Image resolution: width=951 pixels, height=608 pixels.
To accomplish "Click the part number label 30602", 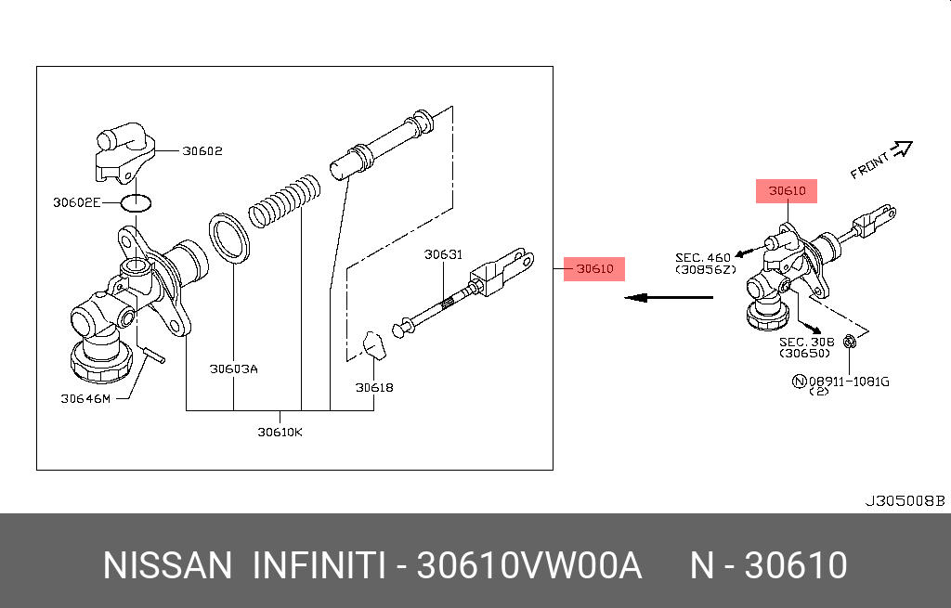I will pos(202,150).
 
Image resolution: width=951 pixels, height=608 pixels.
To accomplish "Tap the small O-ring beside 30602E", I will pos(137,201).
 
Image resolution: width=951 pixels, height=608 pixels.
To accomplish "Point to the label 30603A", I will pos(233,369).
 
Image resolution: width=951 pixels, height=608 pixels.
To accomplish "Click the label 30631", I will pos(444,254).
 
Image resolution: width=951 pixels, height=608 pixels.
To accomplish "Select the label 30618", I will pos(374,387).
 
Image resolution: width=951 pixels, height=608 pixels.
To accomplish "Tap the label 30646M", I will pos(85,399).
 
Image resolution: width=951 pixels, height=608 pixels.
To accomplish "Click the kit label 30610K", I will pos(280,431).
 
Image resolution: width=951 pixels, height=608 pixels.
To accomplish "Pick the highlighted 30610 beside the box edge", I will pos(594,269).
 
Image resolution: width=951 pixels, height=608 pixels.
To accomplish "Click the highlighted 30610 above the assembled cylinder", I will pos(787,191).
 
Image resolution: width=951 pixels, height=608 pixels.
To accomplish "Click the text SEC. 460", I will pos(703,257).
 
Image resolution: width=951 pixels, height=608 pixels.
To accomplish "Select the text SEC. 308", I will pos(805,341).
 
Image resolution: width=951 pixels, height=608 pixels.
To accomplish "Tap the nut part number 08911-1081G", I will pos(848,381).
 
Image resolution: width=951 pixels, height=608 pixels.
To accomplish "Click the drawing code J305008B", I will pos(904,501).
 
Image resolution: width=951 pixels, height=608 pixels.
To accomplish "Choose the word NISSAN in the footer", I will pos(167,565).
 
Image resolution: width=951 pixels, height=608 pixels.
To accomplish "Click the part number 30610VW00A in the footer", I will pos(529,565).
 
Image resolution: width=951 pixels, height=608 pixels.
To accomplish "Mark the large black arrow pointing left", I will pos(667,298).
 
